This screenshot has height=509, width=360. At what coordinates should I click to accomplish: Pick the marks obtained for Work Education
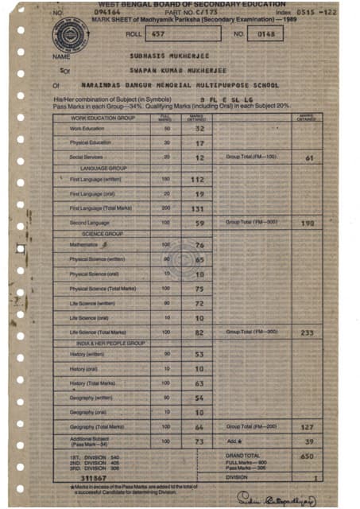200,128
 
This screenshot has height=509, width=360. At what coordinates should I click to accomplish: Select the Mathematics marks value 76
200,245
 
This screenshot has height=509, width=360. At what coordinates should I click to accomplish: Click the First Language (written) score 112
199,180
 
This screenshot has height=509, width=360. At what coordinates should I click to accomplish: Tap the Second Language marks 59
200,223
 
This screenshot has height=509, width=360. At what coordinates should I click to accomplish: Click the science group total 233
308,332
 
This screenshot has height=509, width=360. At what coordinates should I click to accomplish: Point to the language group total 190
308,224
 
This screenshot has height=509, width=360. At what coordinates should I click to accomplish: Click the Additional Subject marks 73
200,441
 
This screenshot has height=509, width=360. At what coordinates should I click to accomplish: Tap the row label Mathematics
84,245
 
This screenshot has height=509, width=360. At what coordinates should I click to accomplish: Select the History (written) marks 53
200,353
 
